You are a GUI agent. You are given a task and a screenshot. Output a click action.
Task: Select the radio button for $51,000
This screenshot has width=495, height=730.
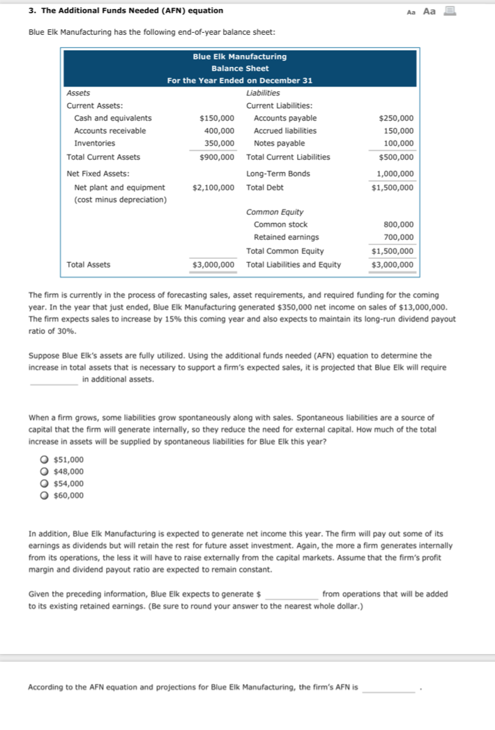[45, 459]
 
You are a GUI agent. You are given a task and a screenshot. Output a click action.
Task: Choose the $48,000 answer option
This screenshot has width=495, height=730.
[45, 471]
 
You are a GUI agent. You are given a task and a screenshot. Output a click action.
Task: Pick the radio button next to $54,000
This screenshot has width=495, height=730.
[45, 483]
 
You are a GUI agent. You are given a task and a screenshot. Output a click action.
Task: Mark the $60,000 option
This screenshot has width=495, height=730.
[45, 495]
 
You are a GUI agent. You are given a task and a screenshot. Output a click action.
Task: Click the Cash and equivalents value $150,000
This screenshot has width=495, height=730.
[216, 119]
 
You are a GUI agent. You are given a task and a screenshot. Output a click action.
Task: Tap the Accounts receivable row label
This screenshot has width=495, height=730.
[110, 131]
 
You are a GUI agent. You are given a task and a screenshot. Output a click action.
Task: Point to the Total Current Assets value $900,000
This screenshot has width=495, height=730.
[216, 158]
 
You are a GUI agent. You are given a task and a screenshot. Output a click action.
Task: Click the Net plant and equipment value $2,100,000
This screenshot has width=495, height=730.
[213, 188]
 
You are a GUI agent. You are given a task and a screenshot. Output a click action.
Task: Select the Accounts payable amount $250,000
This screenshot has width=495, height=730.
[395, 119]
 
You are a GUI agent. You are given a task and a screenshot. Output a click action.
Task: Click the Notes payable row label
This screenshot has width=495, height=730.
[279, 144]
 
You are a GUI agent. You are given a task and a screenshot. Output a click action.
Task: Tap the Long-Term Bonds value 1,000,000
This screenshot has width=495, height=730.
[395, 174]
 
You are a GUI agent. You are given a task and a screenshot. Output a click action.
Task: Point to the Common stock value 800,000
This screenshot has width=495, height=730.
[399, 225]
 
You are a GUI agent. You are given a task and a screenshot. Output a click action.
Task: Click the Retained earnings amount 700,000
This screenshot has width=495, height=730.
[399, 238]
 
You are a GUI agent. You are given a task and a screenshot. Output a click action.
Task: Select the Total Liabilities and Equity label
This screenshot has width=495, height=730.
[294, 265]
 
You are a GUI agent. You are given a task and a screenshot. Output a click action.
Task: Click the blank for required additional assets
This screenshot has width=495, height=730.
[54, 380]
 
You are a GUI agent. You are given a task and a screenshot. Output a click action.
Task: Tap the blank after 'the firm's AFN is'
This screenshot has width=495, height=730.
[388, 688]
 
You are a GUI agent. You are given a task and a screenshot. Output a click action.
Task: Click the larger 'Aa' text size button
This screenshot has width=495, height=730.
[429, 10]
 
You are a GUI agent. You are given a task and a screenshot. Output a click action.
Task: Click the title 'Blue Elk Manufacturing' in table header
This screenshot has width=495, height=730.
[239, 56]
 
